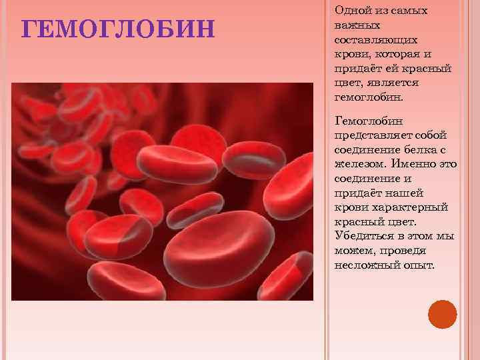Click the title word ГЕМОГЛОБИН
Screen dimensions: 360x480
click(x=119, y=30)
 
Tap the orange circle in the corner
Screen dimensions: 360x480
click(x=442, y=314)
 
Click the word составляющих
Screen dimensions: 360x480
click(x=375, y=39)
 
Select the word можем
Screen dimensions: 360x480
click(x=353, y=251)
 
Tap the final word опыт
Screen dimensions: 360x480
click(x=416, y=265)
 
